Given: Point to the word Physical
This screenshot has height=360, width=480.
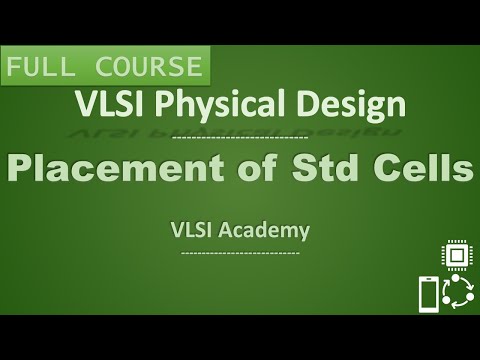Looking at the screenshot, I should point(216,104).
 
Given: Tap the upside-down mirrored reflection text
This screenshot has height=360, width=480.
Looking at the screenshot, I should point(239,128).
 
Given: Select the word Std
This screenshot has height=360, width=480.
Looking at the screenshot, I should point(337,169).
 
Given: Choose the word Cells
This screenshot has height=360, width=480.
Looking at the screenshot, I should point(425,169).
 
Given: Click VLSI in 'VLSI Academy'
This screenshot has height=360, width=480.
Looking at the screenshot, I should point(191,230).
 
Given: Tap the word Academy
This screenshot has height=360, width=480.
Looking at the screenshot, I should point(265,231).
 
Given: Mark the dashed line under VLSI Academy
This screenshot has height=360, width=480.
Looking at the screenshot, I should point(239,252).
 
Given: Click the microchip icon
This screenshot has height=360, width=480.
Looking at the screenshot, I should point(457,257).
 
